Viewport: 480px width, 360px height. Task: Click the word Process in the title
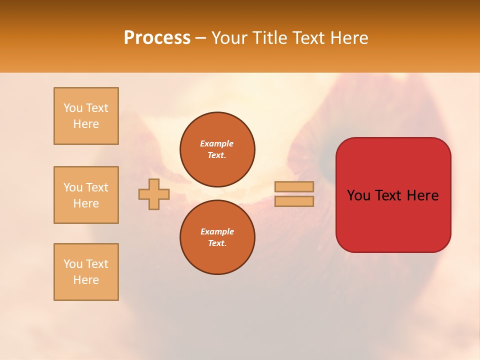coord(157,38)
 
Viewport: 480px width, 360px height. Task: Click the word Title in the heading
coord(270,38)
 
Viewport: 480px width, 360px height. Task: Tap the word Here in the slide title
coord(349,38)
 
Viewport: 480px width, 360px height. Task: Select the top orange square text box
coord(86,116)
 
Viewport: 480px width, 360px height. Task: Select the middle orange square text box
coord(86,195)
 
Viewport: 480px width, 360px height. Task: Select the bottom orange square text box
coord(86,272)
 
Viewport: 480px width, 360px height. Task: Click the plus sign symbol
coord(154,194)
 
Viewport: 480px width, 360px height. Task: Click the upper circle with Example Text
coord(217,149)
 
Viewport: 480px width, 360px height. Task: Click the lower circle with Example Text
coord(217,237)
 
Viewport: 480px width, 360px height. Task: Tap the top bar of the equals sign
coord(294,186)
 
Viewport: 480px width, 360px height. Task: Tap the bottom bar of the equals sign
coord(294,201)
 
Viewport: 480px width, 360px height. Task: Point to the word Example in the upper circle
coord(217,143)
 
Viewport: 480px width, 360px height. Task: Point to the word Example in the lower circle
coord(217,231)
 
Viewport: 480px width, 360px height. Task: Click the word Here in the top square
coord(86,124)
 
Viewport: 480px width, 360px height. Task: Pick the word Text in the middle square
coord(97,187)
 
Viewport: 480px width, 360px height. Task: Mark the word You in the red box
coord(358,195)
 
